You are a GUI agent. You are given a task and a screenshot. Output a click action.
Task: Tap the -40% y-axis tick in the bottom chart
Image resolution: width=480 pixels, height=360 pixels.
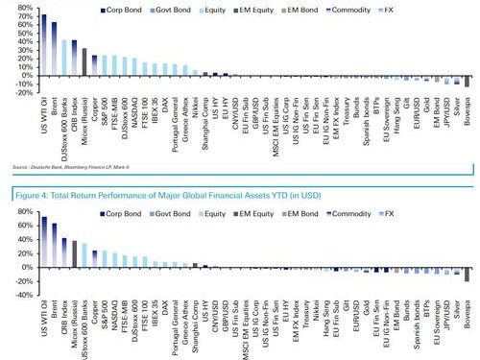click(19, 296)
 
